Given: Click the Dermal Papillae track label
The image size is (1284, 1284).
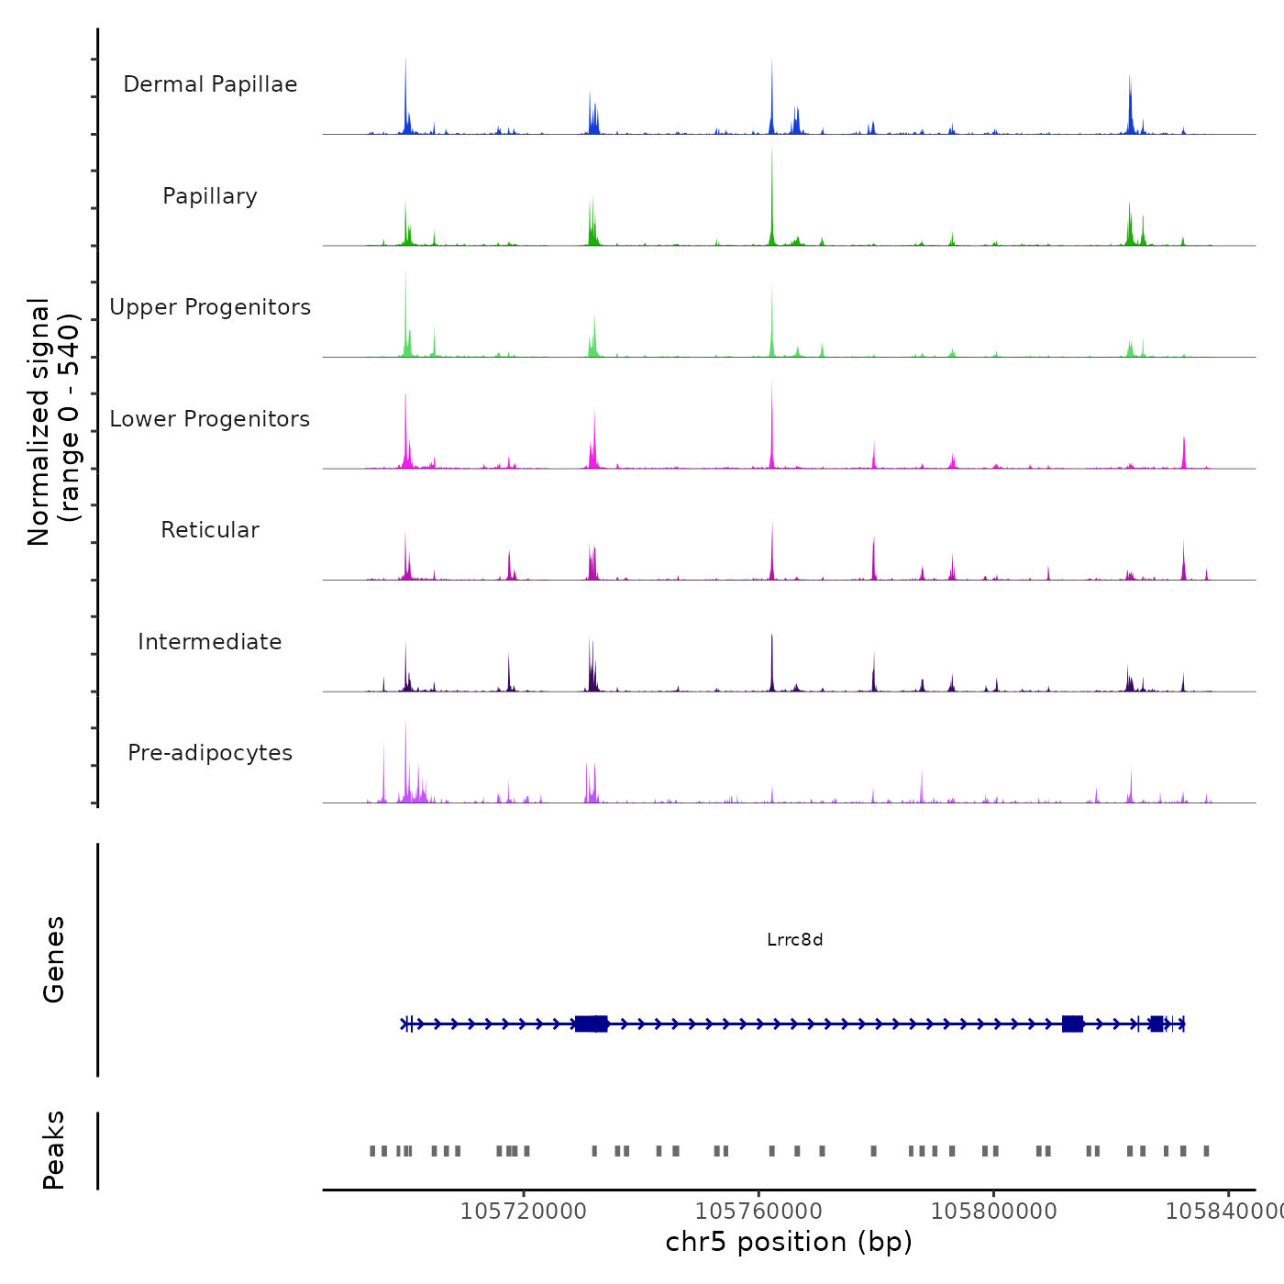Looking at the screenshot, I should point(210,84).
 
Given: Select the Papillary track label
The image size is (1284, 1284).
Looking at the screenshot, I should point(210,196).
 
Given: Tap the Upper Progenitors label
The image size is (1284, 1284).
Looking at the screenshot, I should point(210,307).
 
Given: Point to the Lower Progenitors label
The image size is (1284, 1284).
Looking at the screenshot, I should point(210,419).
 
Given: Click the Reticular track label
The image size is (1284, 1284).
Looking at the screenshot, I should point(210,530).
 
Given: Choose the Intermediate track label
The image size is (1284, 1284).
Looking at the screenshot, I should point(210,642).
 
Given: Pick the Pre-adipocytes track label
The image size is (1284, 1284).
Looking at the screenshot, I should point(210,753).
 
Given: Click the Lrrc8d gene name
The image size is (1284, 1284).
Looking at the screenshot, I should point(795,940).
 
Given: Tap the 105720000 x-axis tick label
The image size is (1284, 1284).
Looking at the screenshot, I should point(523,1212).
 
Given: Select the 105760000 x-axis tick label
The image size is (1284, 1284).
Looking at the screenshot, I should point(758,1212).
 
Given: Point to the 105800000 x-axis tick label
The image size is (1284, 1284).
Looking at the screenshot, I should point(993,1212).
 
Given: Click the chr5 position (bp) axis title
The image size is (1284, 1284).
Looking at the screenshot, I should point(789,1242).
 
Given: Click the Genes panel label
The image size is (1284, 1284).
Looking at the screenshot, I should point(54,959).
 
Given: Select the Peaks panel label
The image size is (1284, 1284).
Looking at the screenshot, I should point(54,1150).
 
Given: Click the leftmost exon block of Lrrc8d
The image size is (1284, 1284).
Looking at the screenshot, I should point(592,1024).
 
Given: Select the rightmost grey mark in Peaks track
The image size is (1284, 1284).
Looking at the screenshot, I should point(1207,1151).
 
